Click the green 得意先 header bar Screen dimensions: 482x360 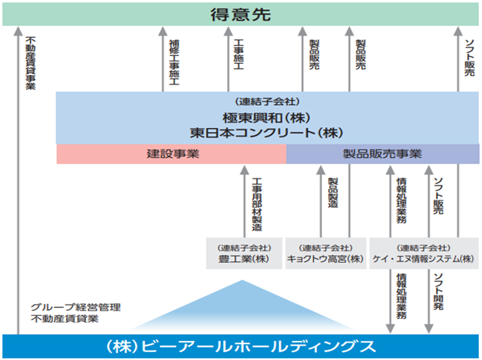point(241,14)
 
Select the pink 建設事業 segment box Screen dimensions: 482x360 point(171,154)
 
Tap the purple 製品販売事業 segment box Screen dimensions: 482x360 point(383,154)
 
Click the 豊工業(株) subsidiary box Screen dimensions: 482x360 point(244,253)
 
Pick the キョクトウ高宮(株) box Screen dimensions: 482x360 point(326,253)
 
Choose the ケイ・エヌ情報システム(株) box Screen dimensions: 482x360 point(424,253)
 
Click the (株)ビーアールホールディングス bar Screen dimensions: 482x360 point(241,346)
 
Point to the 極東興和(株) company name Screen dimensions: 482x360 point(267,118)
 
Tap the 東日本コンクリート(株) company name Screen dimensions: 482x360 point(267,133)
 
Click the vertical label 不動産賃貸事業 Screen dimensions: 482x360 point(31,63)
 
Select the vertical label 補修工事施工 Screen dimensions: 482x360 point(174,62)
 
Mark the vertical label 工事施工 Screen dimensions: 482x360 point(239,54)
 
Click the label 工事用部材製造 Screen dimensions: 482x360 point(257,204)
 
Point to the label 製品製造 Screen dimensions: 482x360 point(333,193)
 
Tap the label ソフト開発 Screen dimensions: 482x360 point(439,291)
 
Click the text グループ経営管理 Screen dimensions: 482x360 point(76,307)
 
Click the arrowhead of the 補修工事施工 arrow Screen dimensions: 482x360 point(163,31)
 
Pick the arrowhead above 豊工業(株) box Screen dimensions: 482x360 point(245,171)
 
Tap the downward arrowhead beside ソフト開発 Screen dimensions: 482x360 point(429,329)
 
